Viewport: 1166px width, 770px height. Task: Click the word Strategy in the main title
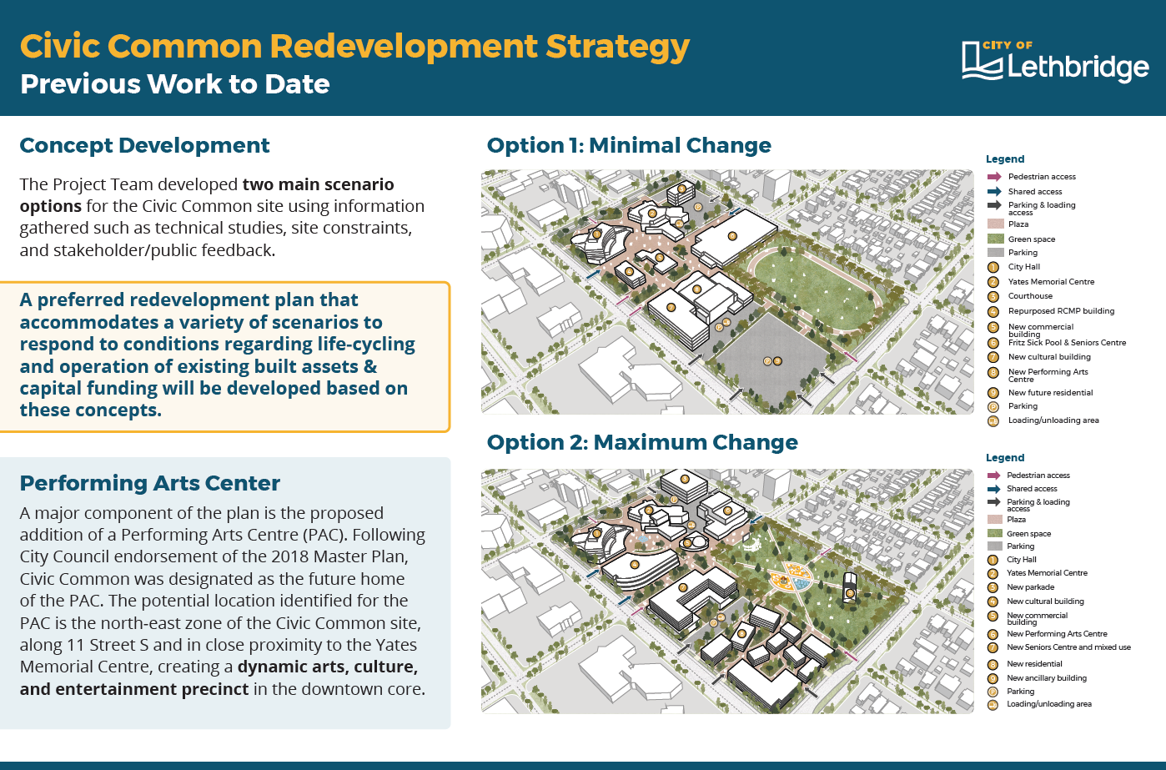point(617,48)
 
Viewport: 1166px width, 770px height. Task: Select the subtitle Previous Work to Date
point(175,83)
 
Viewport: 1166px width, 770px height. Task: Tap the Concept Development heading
point(145,146)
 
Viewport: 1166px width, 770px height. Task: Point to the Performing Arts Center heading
point(150,483)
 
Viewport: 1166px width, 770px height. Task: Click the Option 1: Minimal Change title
point(629,145)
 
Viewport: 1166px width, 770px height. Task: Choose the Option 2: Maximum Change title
point(642,442)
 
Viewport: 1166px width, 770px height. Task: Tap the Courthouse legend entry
point(1030,295)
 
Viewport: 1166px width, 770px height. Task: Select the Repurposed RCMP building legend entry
point(1062,311)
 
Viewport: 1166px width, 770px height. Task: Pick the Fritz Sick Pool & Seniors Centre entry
point(1067,343)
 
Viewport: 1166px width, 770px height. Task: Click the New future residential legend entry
point(1050,393)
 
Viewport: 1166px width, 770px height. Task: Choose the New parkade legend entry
point(1030,586)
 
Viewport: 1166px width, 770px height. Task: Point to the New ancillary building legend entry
point(1046,678)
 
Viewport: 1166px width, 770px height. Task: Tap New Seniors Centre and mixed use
point(1068,647)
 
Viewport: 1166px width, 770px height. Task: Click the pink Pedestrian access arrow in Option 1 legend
point(994,177)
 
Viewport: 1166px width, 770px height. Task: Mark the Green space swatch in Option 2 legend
point(995,533)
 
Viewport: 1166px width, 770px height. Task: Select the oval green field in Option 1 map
point(814,289)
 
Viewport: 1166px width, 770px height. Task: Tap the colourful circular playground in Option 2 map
point(791,577)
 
